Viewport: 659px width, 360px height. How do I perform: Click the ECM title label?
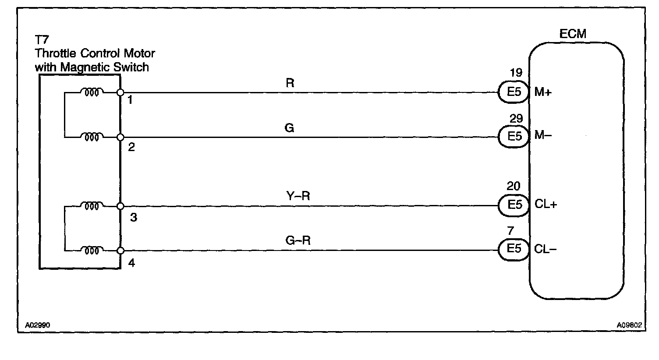coord(573,34)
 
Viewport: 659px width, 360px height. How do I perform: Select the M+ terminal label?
coord(543,93)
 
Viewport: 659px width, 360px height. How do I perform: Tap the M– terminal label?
coord(543,136)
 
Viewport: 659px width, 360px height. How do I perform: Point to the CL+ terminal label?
coord(546,205)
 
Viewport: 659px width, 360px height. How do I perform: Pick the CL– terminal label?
coord(545,249)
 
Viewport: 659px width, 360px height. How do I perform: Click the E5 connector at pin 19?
coord(514,93)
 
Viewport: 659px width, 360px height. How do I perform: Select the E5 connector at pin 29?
coord(514,137)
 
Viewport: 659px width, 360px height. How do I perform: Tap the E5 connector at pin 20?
coord(514,205)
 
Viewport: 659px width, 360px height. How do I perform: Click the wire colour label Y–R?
coord(298,196)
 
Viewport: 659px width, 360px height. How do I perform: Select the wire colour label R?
coord(290,83)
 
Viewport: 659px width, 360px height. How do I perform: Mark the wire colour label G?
coord(289,128)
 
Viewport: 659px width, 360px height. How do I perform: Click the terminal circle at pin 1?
coord(120,93)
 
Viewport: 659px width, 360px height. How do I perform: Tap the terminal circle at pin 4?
coord(120,251)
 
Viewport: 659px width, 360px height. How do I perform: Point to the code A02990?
coord(38,325)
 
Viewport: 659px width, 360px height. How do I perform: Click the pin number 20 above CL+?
coord(513,187)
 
